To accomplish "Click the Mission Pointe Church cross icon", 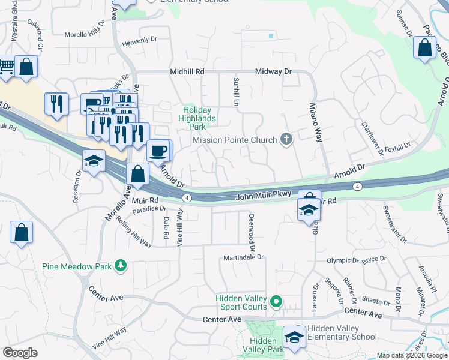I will coord(286,140).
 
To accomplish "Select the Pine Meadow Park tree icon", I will coord(121,265).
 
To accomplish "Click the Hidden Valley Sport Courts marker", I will coord(276,301).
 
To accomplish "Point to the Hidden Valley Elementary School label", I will coord(342,332).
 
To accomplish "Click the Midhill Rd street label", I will coord(187,71).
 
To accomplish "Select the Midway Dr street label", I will coord(273,71).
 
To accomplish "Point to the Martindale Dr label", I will coord(243,257).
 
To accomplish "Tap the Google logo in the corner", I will coord(20,353).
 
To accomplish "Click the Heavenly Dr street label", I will coord(139,43).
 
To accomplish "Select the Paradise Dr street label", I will coord(149,209).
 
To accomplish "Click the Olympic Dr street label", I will coord(343,261).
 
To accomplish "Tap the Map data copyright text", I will coord(411,355).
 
